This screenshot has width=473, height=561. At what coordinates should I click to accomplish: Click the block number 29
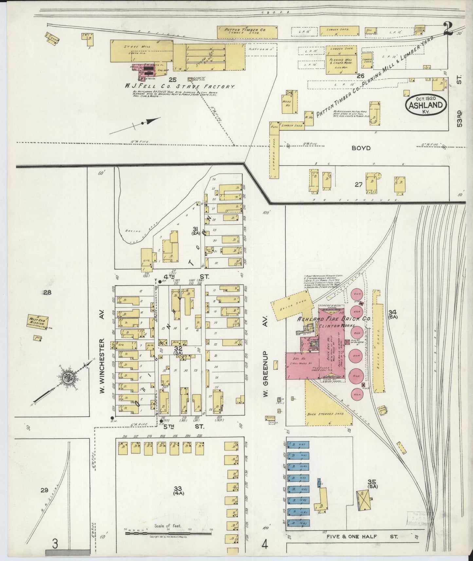click(45, 490)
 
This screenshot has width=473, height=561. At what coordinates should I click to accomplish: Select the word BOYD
click(361, 148)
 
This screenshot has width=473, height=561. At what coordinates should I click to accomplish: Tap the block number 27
click(358, 185)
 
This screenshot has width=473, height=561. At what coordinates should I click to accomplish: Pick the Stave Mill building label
click(133, 47)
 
